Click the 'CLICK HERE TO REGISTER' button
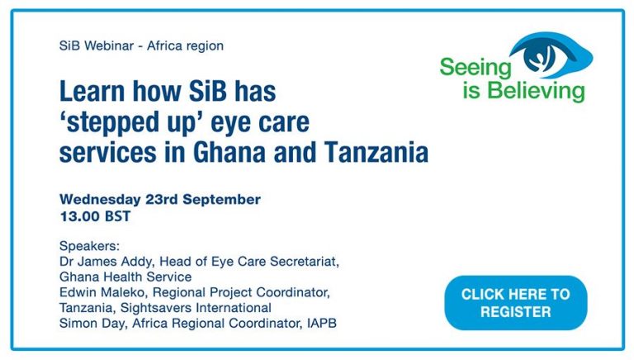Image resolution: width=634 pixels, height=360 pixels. click(515, 303)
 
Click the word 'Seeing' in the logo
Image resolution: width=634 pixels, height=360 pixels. click(475, 68)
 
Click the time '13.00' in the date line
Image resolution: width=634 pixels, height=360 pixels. click(79, 216)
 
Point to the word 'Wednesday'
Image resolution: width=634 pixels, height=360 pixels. click(100, 199)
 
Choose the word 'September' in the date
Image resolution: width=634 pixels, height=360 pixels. click(221, 199)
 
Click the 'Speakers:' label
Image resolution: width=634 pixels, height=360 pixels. click(89, 246)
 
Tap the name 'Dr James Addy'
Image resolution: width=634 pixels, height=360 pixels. click(106, 262)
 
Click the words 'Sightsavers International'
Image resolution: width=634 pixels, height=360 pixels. click(196, 308)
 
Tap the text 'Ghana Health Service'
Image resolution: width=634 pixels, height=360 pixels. click(125, 277)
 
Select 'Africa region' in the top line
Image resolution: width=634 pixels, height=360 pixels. click(185, 45)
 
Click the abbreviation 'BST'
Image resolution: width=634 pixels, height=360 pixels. click(118, 216)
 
